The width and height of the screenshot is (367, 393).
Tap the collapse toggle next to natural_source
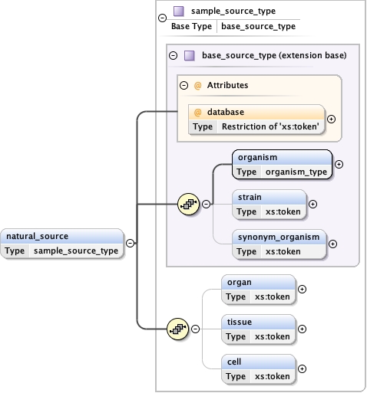coord(130,243)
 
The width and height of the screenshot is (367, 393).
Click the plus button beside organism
coord(339,164)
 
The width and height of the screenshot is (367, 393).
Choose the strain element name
coord(250,197)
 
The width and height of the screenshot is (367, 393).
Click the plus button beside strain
coord(312,204)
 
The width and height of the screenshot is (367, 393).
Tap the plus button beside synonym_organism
coord(332,244)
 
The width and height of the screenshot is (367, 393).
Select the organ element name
coord(239,282)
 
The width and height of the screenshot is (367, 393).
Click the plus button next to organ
coord(302,289)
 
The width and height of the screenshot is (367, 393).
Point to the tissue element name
coord(240,322)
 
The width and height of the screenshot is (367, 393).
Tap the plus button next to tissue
coord(302,329)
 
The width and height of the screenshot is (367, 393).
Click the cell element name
coord(234,362)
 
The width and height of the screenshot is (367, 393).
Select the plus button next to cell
coord(302,368)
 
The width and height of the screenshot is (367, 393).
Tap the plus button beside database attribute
coord(332,119)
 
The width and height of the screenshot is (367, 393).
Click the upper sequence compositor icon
coord(188,204)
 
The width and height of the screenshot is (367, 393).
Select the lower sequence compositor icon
coord(178,329)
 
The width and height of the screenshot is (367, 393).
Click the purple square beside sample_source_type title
coord(178,11)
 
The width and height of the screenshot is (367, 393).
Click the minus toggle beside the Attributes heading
coord(183,85)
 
